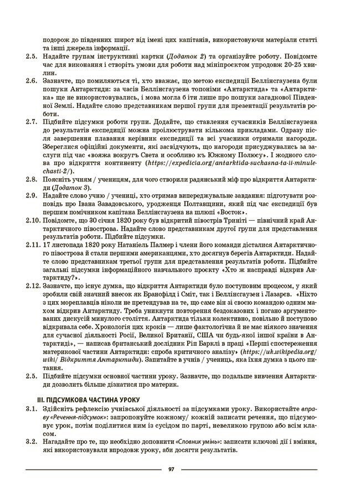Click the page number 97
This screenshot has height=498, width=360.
(172, 469)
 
